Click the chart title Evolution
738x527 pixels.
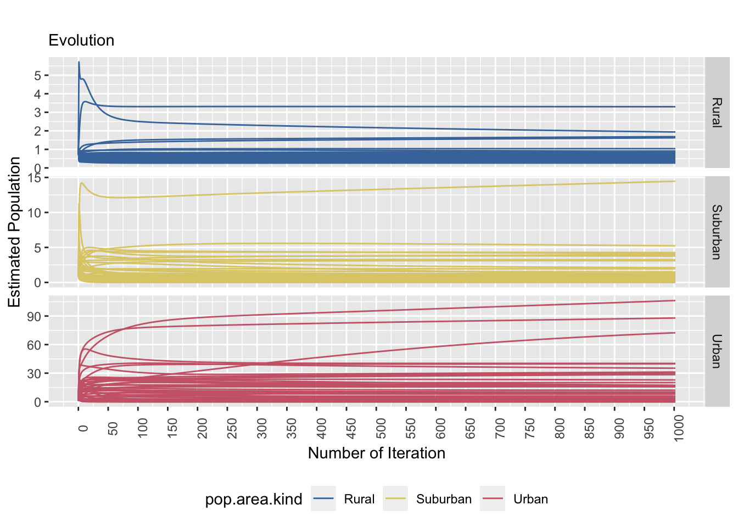[x=81, y=41]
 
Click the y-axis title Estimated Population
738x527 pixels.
[x=14, y=232]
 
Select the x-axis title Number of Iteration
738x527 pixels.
[x=376, y=453]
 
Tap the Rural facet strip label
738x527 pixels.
[x=717, y=113]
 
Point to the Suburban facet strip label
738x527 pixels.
[x=717, y=232]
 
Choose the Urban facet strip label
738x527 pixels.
[x=717, y=351]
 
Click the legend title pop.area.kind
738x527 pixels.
[x=254, y=499]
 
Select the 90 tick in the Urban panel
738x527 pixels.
[x=34, y=317]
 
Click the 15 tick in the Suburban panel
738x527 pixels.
[x=34, y=178]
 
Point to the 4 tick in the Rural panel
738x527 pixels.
[x=37, y=94]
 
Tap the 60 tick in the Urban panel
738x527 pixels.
[x=34, y=345]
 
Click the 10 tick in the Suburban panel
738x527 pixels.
[x=34, y=213]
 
